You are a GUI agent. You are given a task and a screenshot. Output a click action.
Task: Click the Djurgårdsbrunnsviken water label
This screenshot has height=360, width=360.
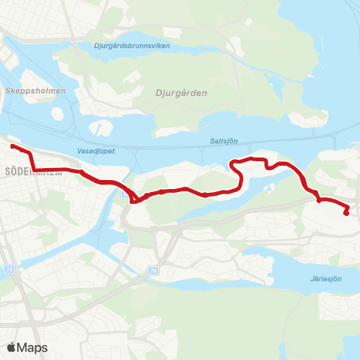[133, 46]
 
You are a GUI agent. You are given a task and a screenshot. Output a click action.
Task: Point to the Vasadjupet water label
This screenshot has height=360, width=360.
[93, 149]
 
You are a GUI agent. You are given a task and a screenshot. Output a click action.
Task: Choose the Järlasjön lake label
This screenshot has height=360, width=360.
[325, 278]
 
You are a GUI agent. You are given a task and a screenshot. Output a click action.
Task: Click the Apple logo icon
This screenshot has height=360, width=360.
[12, 347]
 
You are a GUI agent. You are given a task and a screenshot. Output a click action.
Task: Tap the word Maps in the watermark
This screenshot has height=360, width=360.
[33, 347]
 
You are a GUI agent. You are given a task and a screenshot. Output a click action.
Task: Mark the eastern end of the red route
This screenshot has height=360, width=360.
[346, 213]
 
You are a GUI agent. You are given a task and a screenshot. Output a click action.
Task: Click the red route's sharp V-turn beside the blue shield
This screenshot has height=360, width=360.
[133, 200]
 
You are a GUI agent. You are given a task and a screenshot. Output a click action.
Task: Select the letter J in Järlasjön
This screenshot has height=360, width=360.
[310, 278]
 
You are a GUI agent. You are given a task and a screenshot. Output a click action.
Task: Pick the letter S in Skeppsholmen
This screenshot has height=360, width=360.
[7, 91]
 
